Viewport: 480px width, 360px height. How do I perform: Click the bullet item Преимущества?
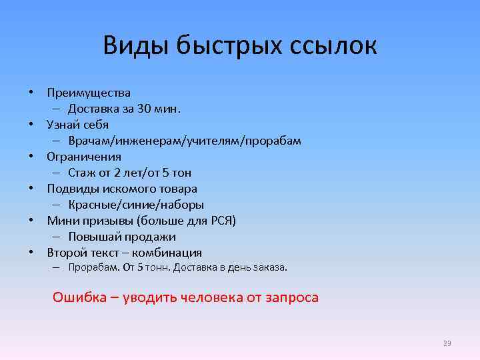click(89, 93)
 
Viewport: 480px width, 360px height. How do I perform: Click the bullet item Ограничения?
click(84, 157)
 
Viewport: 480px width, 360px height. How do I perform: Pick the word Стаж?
click(81, 173)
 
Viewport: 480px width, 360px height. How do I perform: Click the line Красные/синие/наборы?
click(136, 205)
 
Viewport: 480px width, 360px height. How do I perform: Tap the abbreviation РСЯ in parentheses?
click(220, 221)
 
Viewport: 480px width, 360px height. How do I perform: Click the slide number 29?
click(447, 344)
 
